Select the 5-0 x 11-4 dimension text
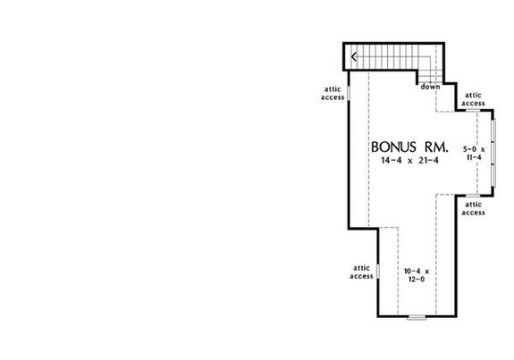tap(474, 150)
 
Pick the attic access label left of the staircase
tap(333, 94)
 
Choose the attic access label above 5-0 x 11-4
tap(474, 99)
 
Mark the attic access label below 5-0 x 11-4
tap(474, 208)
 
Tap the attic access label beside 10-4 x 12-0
tap(361, 272)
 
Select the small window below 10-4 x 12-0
tap(416, 317)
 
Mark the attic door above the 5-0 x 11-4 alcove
tap(474, 112)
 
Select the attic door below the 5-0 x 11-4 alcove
tap(474, 196)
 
